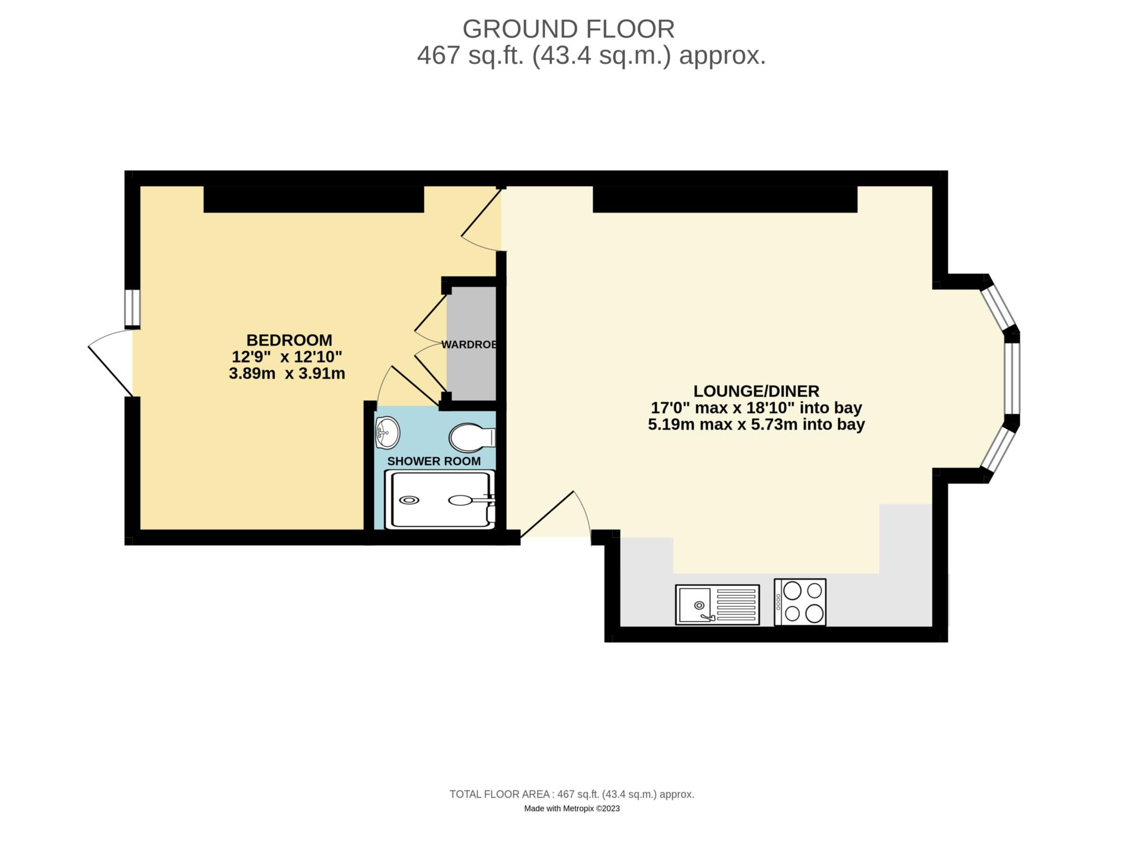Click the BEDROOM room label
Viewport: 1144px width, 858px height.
pyautogui.click(x=289, y=340)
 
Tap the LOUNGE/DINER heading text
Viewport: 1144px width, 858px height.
pyautogui.click(x=756, y=390)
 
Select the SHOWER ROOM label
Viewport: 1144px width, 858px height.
pyautogui.click(x=433, y=461)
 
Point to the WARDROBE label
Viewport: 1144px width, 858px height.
pyautogui.click(x=470, y=345)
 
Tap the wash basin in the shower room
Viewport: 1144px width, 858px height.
pyautogui.click(x=387, y=432)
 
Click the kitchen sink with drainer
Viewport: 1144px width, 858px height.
pyautogui.click(x=717, y=604)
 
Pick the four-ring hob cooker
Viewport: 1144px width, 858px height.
pyautogui.click(x=799, y=602)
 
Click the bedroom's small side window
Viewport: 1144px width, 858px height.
pyautogui.click(x=132, y=308)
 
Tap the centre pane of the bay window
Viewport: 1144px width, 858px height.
pyautogui.click(x=1012, y=378)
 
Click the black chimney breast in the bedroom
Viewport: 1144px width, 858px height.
pyautogui.click(x=313, y=199)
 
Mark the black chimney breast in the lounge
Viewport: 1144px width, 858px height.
pyautogui.click(x=724, y=199)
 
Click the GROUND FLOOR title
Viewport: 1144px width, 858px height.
pyautogui.click(x=568, y=29)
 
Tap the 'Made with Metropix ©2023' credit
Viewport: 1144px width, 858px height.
pyautogui.click(x=571, y=808)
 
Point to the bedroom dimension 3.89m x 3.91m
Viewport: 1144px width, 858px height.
pyautogui.click(x=287, y=373)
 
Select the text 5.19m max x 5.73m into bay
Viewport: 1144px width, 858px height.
pyautogui.click(x=756, y=425)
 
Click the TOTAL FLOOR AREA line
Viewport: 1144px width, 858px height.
pyautogui.click(x=571, y=794)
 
